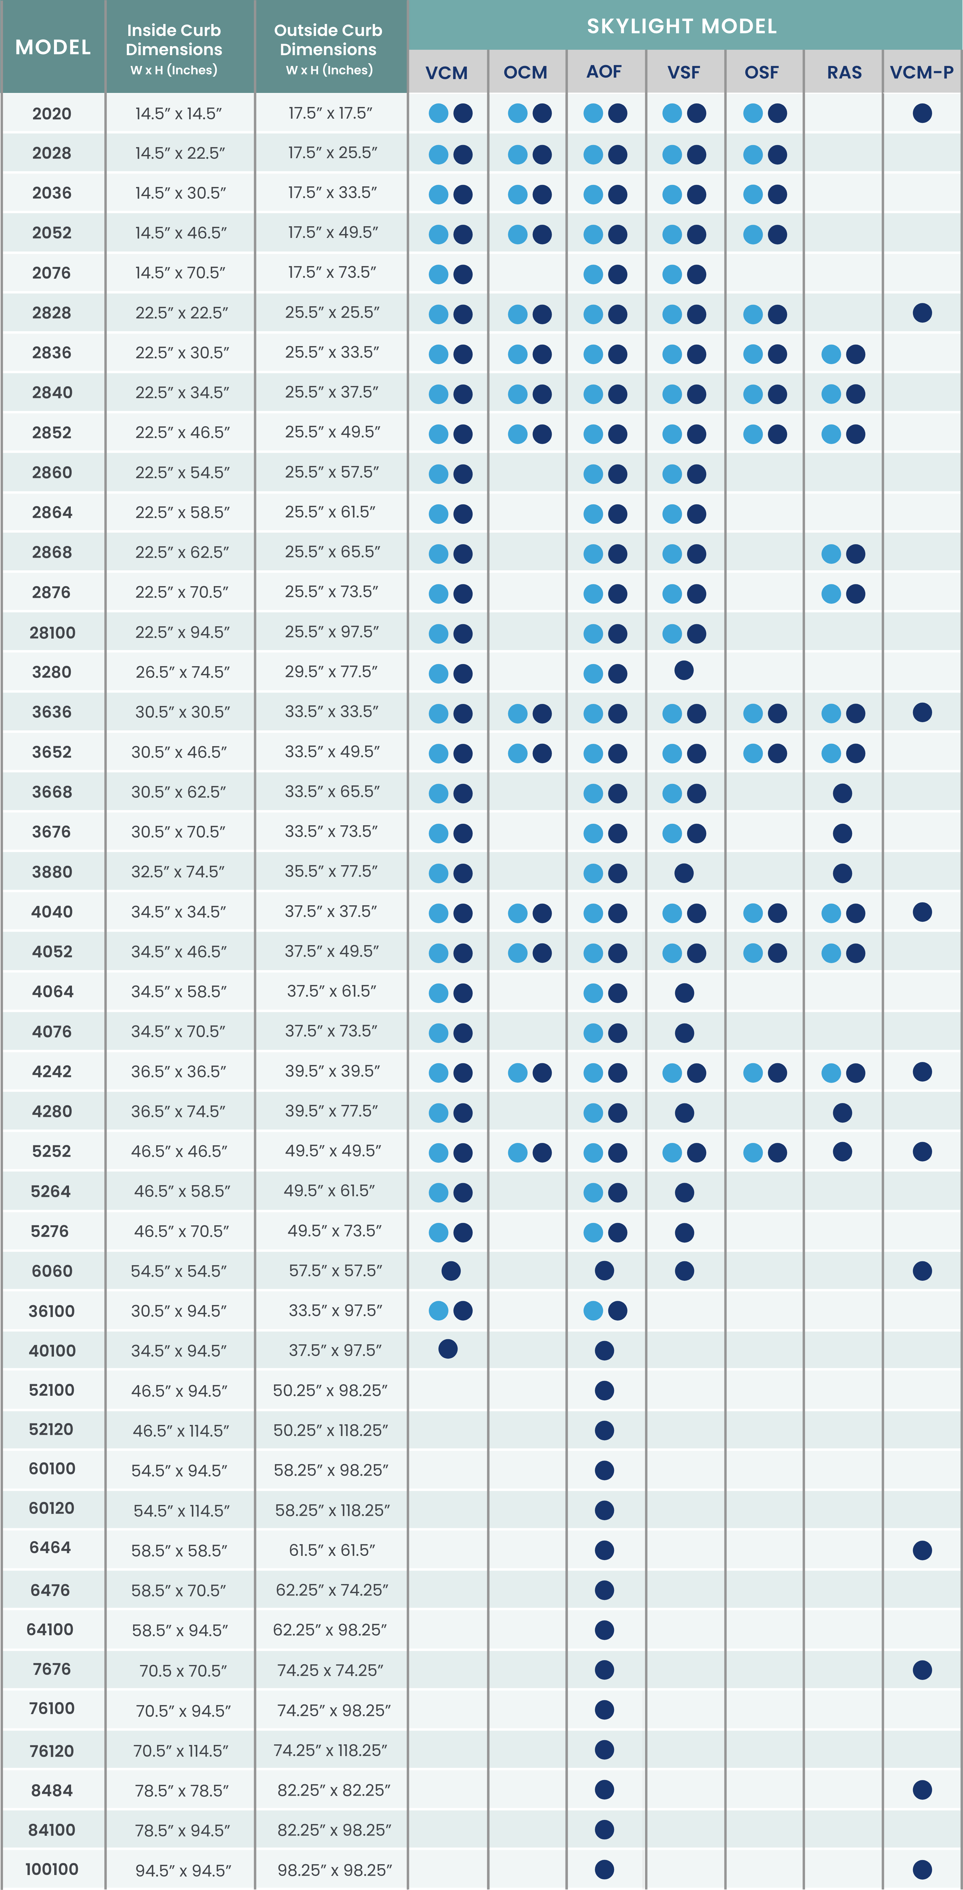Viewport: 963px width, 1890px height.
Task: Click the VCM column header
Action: point(446,73)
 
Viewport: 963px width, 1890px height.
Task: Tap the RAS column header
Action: point(844,73)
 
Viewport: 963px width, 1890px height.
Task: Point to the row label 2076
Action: point(51,273)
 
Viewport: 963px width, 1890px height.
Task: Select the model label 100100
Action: point(51,1869)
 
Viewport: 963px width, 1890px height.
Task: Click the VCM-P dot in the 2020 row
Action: point(922,113)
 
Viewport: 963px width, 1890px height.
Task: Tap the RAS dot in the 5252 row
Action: point(842,1151)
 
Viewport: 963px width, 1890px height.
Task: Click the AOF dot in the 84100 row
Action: point(604,1829)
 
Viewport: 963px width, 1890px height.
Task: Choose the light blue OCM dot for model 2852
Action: point(517,434)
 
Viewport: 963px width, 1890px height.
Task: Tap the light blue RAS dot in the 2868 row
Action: point(831,554)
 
